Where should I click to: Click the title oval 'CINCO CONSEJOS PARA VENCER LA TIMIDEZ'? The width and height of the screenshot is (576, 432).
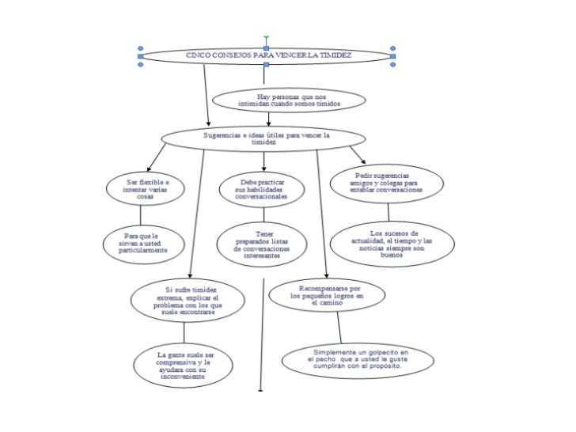tap(266, 55)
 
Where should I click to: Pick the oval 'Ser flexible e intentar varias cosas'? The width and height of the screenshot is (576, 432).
tap(146, 190)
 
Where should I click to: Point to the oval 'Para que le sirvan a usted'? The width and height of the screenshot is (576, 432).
tap(145, 244)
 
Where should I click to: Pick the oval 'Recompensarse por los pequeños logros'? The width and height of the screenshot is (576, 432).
tap(327, 294)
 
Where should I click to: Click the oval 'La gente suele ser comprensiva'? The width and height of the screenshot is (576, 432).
tap(184, 366)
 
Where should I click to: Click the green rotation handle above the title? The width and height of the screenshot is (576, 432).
tap(266, 37)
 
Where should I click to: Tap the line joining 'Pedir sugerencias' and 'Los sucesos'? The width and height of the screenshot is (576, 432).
tap(388, 212)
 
